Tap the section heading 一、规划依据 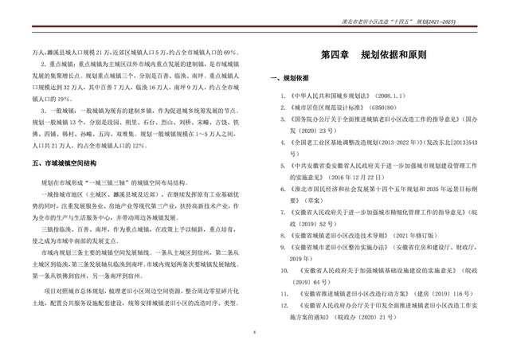pyautogui.click(x=292, y=80)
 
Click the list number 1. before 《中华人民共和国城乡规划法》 pyautogui.click(x=284, y=93)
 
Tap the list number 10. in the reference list pyautogui.click(x=284, y=269)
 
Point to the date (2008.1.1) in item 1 pyautogui.click(x=398, y=93)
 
